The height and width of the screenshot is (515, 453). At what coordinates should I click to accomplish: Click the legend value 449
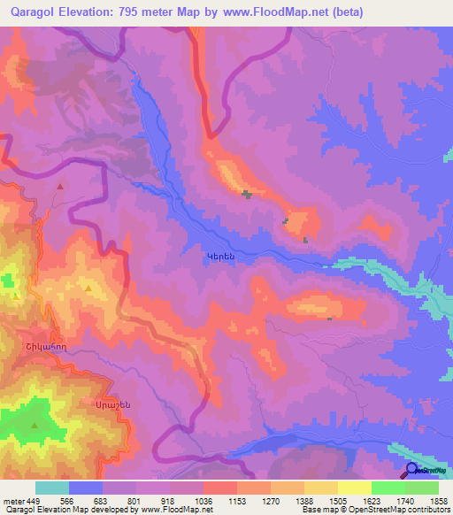pos(35,499)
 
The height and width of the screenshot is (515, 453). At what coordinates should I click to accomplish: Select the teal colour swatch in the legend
pos(51,488)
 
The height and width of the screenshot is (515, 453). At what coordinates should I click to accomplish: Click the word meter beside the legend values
pos(12,499)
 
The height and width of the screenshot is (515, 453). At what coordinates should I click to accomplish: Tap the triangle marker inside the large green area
pos(35,426)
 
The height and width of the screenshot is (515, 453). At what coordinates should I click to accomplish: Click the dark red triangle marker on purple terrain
pos(60,187)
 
